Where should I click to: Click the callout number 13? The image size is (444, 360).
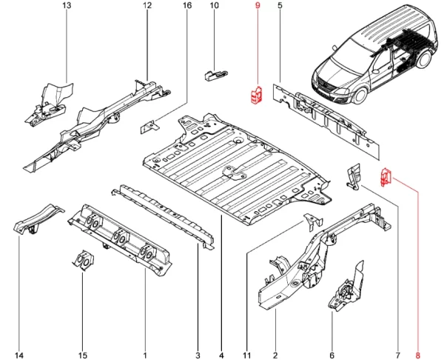(x=67, y=6)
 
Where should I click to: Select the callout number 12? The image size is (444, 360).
(x=147, y=6)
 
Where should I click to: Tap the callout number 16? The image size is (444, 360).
(x=186, y=6)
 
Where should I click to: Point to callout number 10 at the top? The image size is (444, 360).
(x=215, y=6)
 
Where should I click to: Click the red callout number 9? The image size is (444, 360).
(x=258, y=6)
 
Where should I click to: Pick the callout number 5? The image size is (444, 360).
(x=280, y=6)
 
